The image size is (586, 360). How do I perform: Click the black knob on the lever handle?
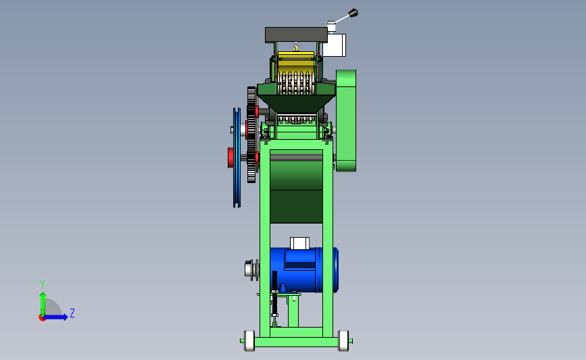[x=353, y=14]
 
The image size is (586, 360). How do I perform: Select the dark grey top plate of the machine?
[x=296, y=34]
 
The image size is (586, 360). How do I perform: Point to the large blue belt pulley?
[x=237, y=157]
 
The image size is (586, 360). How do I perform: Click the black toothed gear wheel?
[x=251, y=134]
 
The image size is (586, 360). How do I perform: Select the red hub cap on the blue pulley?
[x=230, y=157]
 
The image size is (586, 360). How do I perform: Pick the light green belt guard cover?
[x=345, y=120]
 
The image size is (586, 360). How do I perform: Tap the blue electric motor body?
[x=304, y=270]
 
